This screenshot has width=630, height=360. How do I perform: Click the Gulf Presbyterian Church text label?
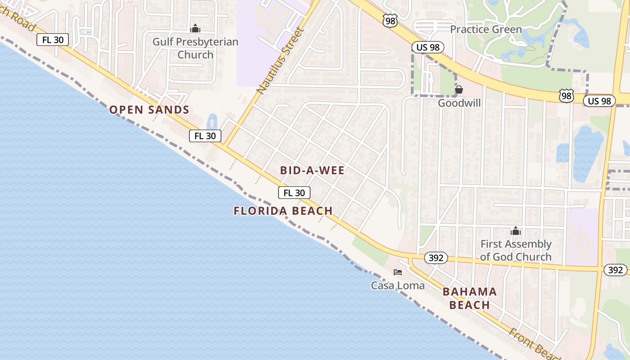coord(195,48)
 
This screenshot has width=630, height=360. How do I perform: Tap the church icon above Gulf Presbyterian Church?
coord(195,29)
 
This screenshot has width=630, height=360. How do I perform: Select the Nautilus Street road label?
coord(281,61)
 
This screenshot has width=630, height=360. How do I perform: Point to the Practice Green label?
coord(486,30)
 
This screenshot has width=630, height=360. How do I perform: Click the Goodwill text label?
coord(459,103)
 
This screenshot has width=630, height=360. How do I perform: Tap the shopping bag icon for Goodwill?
coord(459,90)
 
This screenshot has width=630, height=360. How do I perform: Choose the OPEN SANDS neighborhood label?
coord(149,110)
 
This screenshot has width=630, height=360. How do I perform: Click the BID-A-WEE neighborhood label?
coord(312,171)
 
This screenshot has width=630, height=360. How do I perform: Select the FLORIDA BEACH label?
coord(283,211)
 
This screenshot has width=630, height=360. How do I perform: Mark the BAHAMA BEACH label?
coord(470,298)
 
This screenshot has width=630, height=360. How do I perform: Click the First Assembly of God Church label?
coord(516,251)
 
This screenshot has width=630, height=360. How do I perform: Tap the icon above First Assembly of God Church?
coord(516,231)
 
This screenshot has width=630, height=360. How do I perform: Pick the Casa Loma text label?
coord(398,285)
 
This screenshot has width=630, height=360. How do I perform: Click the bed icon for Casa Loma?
coord(398,272)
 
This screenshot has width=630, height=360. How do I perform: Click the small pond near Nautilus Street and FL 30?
coord(212,121)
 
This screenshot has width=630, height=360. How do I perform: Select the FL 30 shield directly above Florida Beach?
coord(294,193)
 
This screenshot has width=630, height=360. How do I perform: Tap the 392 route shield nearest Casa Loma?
coord(436,258)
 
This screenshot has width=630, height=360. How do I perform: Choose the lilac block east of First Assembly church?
coord(582,236)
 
